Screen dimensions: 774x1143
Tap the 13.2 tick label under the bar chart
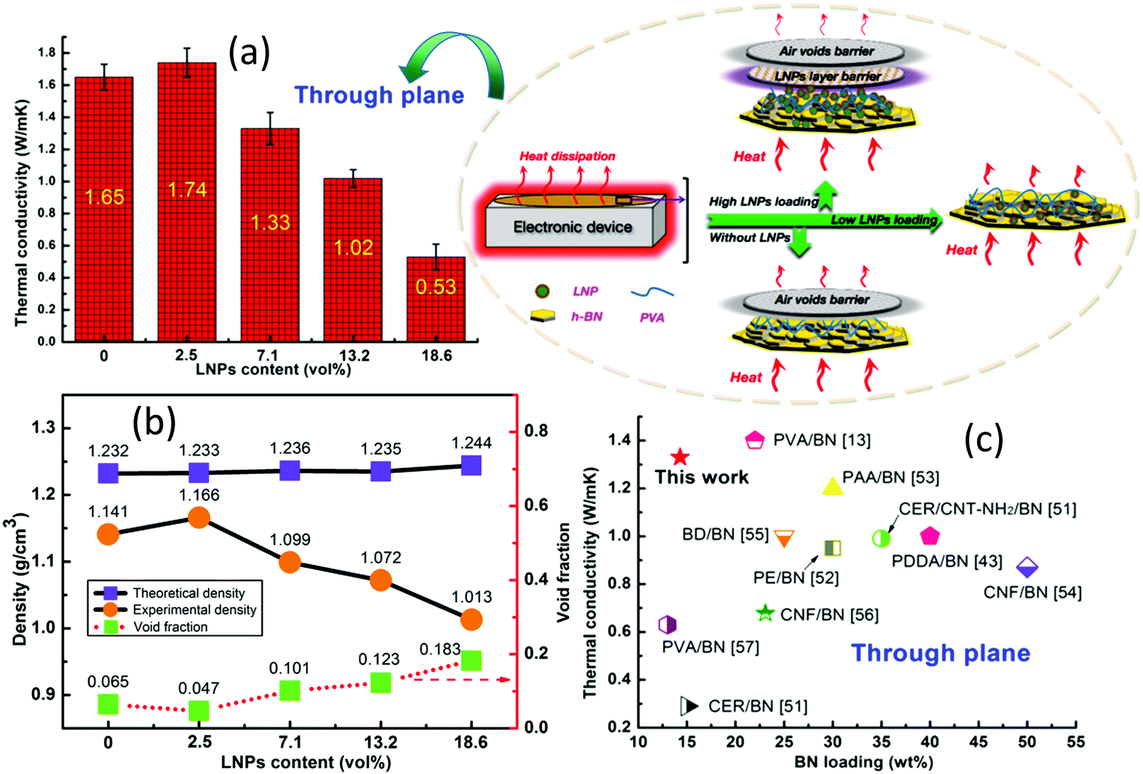coord(353,356)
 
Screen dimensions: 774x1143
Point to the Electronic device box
coord(573,227)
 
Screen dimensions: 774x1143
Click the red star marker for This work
coord(680,457)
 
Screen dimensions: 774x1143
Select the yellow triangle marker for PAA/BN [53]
coord(832,487)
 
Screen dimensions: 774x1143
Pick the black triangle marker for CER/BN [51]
coord(689,706)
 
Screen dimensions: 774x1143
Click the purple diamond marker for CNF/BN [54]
coord(1026,567)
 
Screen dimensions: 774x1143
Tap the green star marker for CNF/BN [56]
coord(765,613)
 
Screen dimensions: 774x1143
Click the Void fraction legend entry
coord(170,627)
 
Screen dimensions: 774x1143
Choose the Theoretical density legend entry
coord(188,593)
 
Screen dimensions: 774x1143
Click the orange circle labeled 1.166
coord(199,517)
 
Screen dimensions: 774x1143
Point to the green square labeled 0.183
coord(471,660)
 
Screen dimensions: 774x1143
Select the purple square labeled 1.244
coord(471,465)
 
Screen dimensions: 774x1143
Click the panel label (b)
coord(154,421)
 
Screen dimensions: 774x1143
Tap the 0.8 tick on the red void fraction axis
coord(536,431)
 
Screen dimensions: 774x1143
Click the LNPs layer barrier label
coord(827,76)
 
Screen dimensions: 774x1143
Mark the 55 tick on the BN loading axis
coord(1075,741)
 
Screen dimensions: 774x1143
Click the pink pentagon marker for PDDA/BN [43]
coord(929,536)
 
